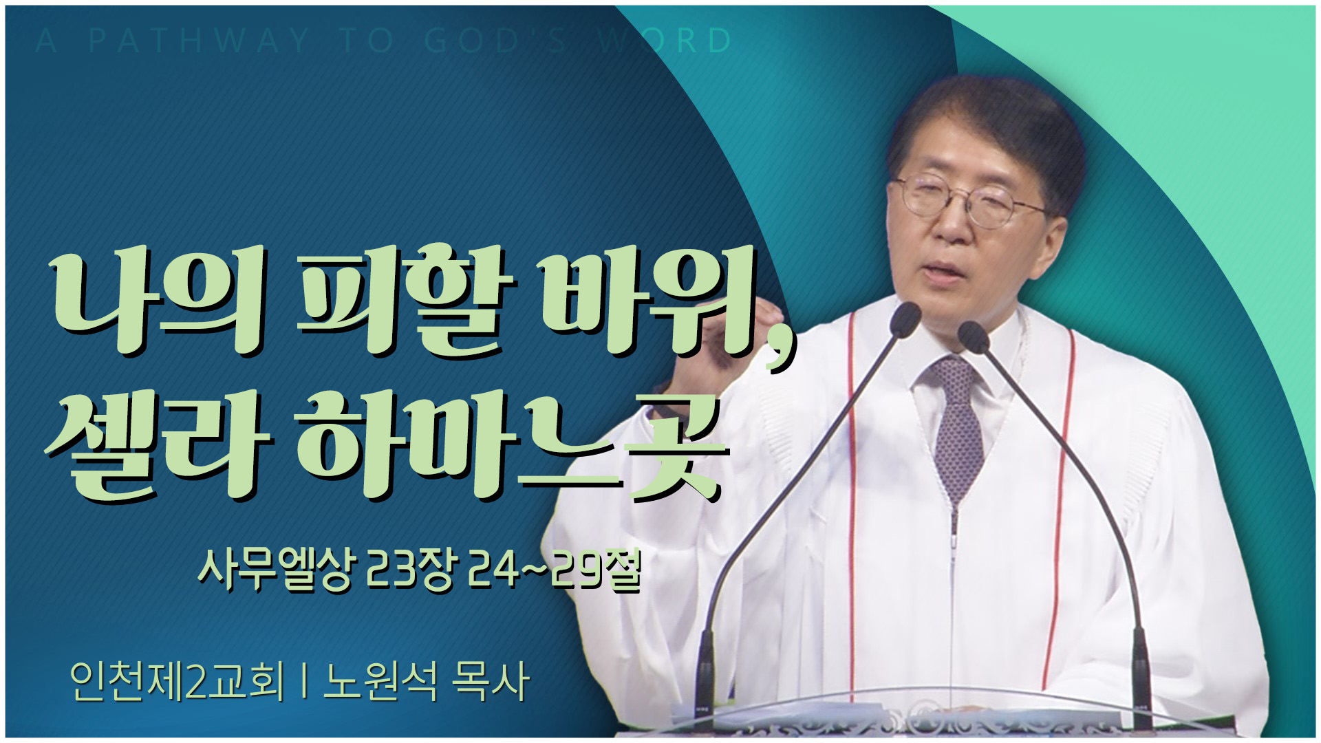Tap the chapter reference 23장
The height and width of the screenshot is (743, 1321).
pyautogui.click(x=409, y=570)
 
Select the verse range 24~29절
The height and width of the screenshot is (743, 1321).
pyautogui.click(x=555, y=570)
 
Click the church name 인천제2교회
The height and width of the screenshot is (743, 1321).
pyautogui.click(x=178, y=681)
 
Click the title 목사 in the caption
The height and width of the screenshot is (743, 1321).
pyautogui.click(x=491, y=681)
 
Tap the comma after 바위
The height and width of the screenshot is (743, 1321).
pyautogui.click(x=780, y=354)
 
